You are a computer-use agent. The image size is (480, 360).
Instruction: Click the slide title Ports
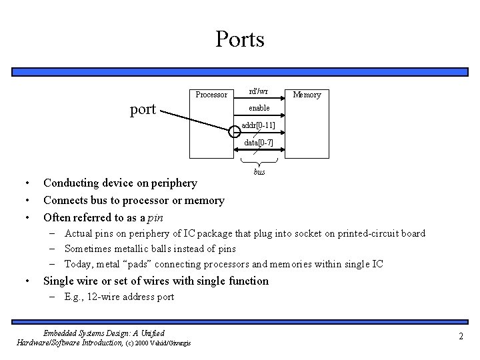[240, 39]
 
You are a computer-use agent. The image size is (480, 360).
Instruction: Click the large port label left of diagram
[143, 109]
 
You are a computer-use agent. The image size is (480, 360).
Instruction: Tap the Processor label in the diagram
[211, 95]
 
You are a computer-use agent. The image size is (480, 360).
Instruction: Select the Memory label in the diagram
[307, 95]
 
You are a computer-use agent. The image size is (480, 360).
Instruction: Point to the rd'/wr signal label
[259, 91]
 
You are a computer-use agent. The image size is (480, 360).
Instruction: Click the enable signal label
[259, 108]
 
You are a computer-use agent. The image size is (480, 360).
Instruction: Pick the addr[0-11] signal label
[259, 125]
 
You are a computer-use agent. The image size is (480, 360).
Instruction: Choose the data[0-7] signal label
[259, 143]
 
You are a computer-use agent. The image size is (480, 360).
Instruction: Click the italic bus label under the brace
[259, 172]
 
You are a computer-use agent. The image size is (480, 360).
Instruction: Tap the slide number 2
[461, 337]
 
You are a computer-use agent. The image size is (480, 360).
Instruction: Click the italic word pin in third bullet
[155, 217]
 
